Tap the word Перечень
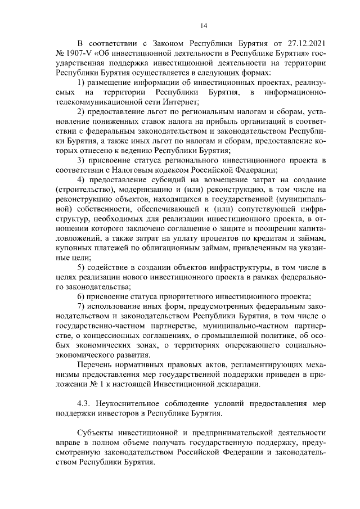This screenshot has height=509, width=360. [x=94, y=365]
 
